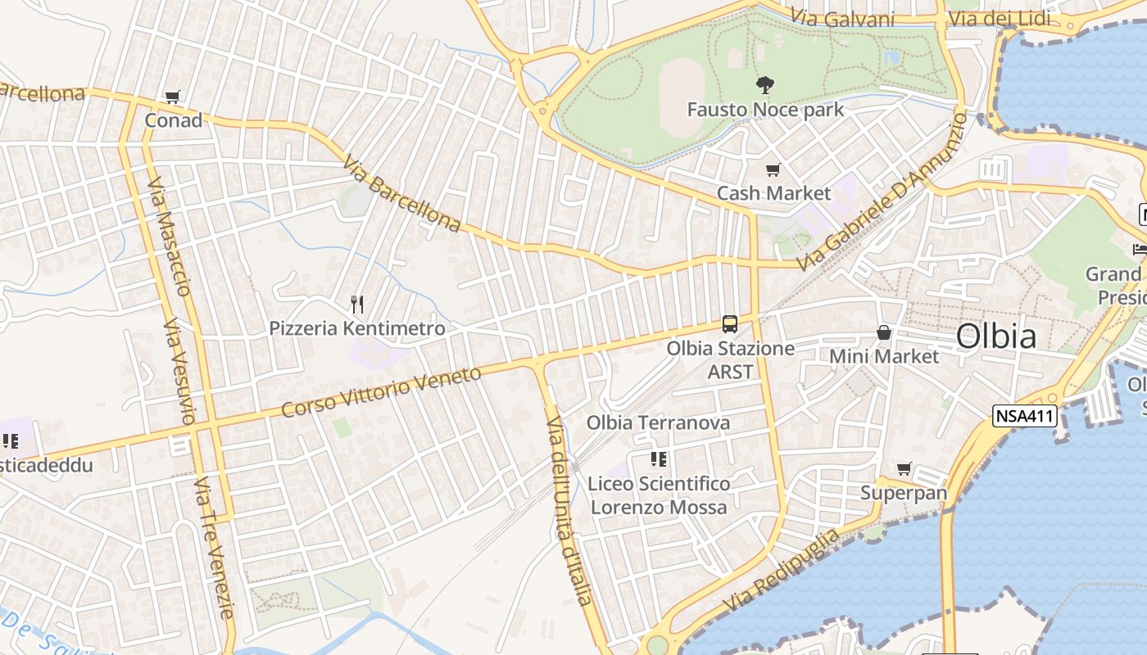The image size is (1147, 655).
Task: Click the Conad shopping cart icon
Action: (x=172, y=97)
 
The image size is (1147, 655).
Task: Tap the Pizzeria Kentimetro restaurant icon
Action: (x=357, y=305)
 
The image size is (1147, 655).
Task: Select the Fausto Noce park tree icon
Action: (x=765, y=84)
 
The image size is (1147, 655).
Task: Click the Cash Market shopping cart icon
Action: (x=773, y=170)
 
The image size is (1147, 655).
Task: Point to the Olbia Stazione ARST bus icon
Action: (x=729, y=324)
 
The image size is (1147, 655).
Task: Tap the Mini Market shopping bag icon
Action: (x=883, y=332)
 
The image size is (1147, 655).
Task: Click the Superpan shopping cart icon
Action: (x=904, y=469)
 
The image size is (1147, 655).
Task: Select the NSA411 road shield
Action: (x=1024, y=416)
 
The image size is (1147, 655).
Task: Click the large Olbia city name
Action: (x=995, y=337)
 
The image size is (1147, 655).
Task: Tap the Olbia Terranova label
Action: (x=658, y=423)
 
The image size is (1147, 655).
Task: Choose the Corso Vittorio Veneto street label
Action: (x=381, y=393)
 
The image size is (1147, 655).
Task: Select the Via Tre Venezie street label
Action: (x=215, y=549)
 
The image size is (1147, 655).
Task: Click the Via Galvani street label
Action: (x=841, y=18)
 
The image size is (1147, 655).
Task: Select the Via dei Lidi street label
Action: (x=999, y=18)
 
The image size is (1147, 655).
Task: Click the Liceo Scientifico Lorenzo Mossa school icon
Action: (x=658, y=459)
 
